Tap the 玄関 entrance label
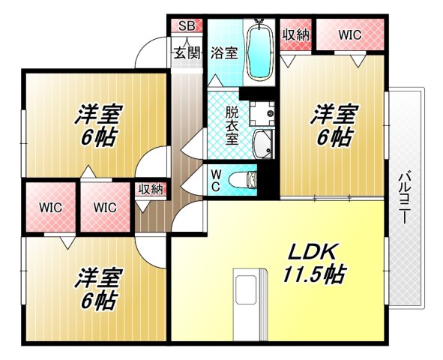pyautogui.click(x=187, y=52)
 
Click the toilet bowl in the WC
pyautogui.click(x=241, y=180)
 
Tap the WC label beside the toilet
pyautogui.click(x=216, y=181)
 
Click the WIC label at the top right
pyautogui.click(x=349, y=34)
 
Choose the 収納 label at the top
pyautogui.click(x=295, y=34)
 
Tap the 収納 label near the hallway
pyautogui.click(x=151, y=189)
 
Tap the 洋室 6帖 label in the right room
pyautogui.click(x=334, y=125)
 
